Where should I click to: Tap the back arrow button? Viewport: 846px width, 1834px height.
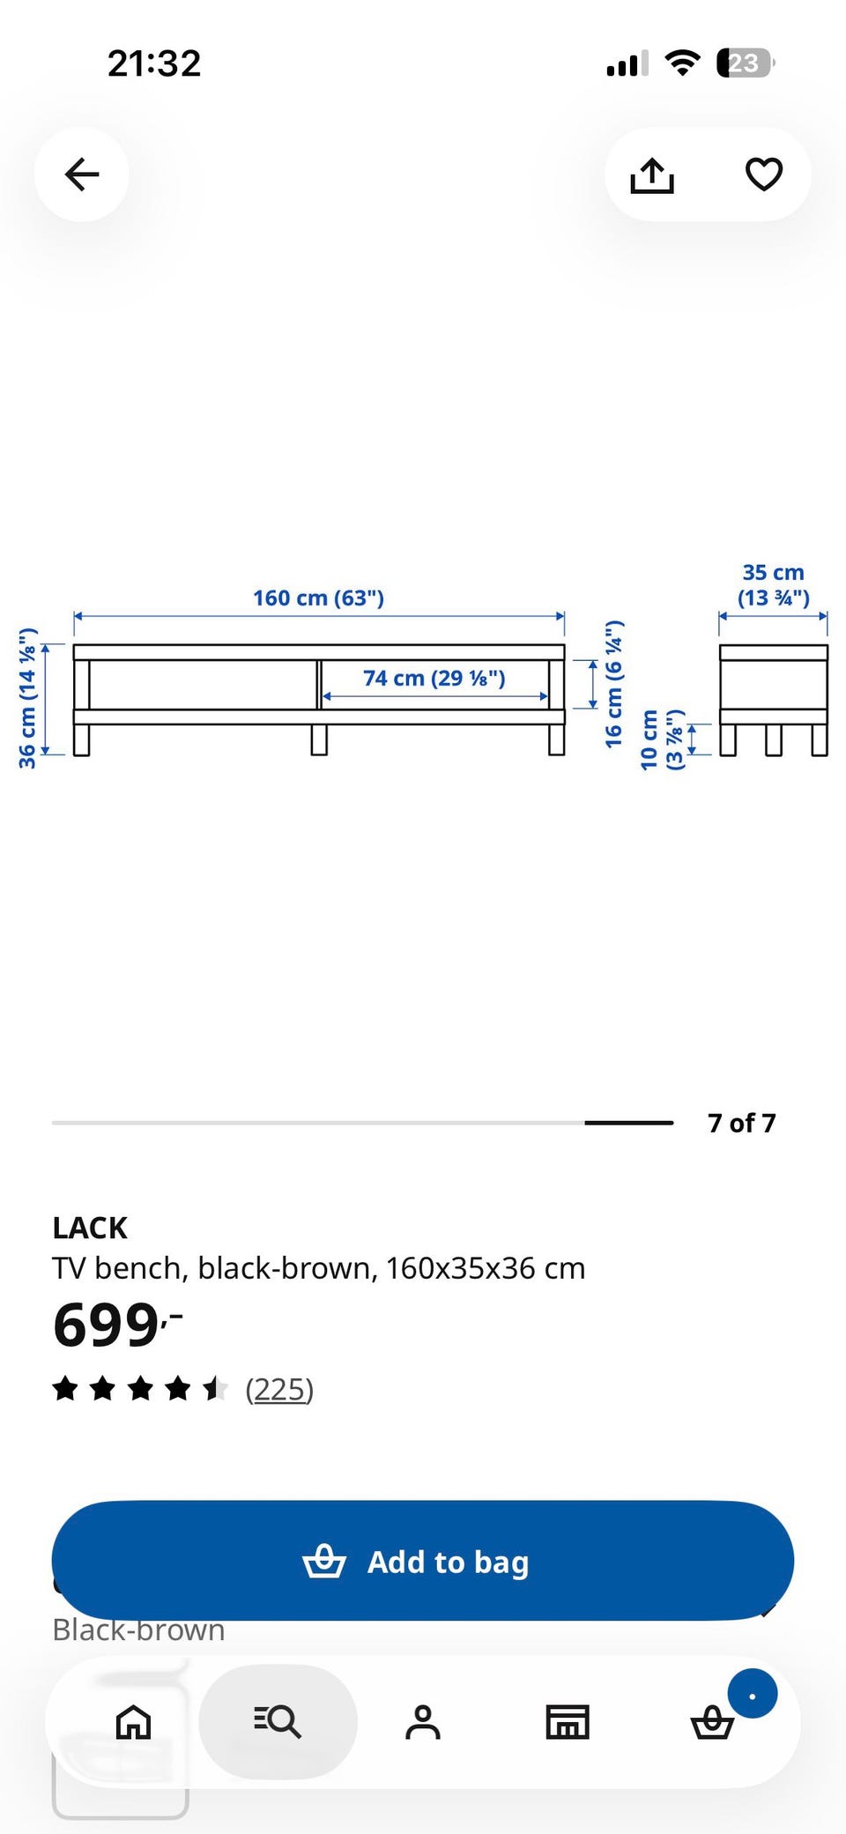pyautogui.click(x=82, y=174)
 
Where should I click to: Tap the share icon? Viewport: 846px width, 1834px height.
pyautogui.click(x=652, y=174)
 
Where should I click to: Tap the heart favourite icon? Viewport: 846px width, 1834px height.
pyautogui.click(x=764, y=174)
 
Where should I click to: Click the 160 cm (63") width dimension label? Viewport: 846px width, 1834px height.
pyautogui.click(x=319, y=598)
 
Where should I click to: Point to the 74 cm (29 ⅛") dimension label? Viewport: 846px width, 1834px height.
pyautogui.click(x=434, y=679)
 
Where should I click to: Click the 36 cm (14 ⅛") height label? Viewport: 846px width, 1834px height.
pyautogui.click(x=27, y=698)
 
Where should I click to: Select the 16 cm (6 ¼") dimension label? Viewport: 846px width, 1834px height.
pyautogui.click(x=614, y=684)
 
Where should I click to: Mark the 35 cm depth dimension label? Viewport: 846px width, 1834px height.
pyautogui.click(x=773, y=585)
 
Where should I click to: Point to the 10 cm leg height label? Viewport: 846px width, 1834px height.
pyautogui.click(x=662, y=739)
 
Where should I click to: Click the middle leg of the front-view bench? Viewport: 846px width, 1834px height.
pyautogui.click(x=319, y=739)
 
